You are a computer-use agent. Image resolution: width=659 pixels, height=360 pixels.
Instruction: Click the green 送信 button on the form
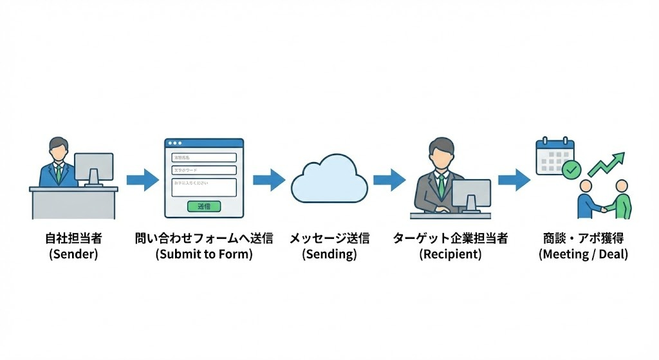pyautogui.click(x=204, y=206)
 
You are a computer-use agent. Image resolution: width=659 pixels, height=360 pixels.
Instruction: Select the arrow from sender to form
pyautogui.click(x=142, y=179)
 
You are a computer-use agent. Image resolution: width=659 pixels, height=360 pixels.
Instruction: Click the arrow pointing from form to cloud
pyautogui.click(x=268, y=179)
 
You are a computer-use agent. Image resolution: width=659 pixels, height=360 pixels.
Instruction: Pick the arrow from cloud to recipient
pyautogui.click(x=389, y=179)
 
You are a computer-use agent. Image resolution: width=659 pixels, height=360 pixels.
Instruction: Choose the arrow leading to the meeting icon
pyautogui.click(x=514, y=179)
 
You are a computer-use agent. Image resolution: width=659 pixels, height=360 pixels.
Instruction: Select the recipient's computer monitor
pyautogui.click(x=471, y=193)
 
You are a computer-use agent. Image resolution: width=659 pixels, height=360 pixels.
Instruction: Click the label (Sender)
pyautogui.click(x=73, y=254)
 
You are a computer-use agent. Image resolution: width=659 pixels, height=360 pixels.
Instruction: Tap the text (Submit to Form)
pyautogui.click(x=204, y=254)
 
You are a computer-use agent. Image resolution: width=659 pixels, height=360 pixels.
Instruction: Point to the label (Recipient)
pyautogui.click(x=450, y=254)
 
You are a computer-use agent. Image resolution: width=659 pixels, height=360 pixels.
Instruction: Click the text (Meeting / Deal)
pyautogui.click(x=583, y=254)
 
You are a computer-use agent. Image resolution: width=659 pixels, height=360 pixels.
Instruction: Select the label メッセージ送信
pyautogui.click(x=329, y=238)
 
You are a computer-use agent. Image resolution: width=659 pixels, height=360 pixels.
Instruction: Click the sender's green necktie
pyautogui.click(x=59, y=173)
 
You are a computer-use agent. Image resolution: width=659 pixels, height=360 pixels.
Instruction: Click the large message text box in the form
pyautogui.click(x=204, y=187)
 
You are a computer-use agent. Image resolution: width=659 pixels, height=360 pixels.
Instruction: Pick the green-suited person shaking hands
pyautogui.click(x=620, y=201)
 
